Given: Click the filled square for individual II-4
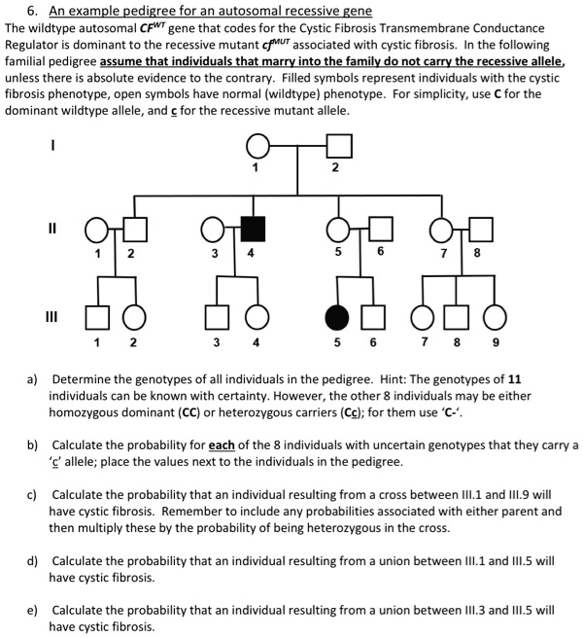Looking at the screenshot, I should (253, 230).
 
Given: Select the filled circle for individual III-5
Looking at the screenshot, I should (337, 318).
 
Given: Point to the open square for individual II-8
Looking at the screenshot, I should (477, 230).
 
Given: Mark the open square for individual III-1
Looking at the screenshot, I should (97, 318).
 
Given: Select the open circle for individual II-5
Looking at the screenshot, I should (338, 230).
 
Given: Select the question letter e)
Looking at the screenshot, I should (33, 610).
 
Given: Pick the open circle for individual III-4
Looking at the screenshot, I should (257, 318).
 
